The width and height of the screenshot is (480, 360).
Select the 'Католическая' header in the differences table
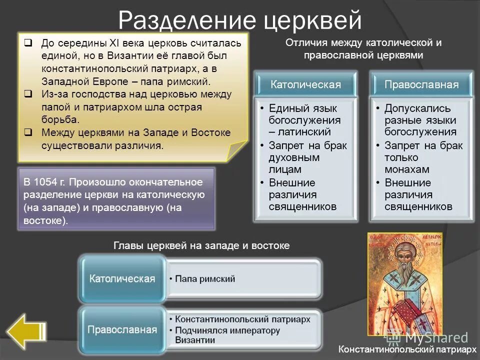305,84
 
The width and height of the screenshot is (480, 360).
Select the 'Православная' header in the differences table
421,84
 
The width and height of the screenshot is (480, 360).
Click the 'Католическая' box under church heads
122,278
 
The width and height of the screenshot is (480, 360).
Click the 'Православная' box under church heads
122,329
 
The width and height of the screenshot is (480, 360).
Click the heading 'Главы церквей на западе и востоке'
201,245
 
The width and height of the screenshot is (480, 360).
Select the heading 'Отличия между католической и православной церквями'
363,49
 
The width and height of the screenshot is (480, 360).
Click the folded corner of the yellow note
237,150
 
